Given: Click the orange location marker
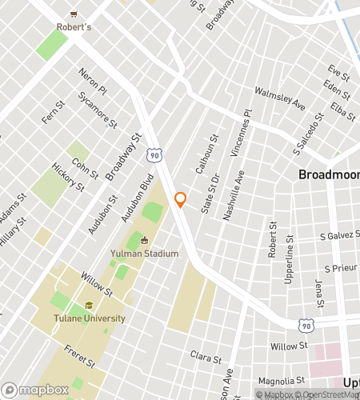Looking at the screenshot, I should coord(181,200).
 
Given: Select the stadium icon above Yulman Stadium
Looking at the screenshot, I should coord(144,241).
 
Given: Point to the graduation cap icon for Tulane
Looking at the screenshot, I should coord(90,306).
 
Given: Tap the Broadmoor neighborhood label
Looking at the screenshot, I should coord(328,174).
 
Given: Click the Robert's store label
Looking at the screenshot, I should coord(74,26).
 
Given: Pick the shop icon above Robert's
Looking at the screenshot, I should coord(74,14).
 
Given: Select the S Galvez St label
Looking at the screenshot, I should coord(336,236).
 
